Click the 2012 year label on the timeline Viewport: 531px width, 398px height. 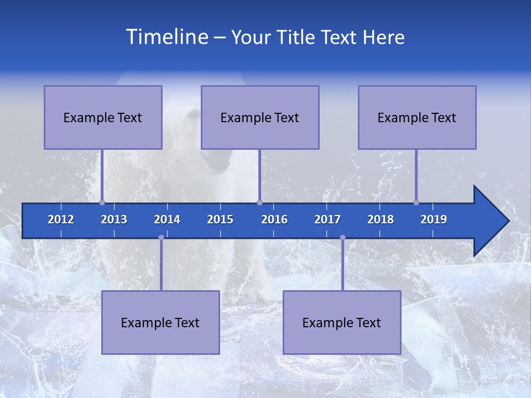pyautogui.click(x=61, y=219)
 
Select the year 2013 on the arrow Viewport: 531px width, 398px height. pyautogui.click(x=114, y=219)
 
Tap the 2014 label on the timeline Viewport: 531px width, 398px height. pyautogui.click(x=167, y=219)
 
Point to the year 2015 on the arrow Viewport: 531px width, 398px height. pyautogui.click(x=220, y=219)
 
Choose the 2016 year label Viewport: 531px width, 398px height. pyautogui.click(x=274, y=219)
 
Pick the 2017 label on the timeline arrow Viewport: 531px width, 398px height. pyautogui.click(x=327, y=219)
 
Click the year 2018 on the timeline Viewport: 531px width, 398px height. pyautogui.click(x=381, y=219)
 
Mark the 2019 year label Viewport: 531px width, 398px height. pyautogui.click(x=434, y=219)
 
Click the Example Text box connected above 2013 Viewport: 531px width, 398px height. pyautogui.click(x=103, y=117)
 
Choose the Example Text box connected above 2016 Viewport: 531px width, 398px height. pyautogui.click(x=260, y=117)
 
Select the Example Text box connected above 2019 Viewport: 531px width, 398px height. pyautogui.click(x=417, y=117)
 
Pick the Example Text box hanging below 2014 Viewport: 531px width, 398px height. pyautogui.click(x=160, y=322)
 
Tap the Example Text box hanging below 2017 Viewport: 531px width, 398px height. pyautogui.click(x=342, y=322)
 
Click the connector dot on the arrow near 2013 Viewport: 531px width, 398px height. pyautogui.click(x=102, y=202)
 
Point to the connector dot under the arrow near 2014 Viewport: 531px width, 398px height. pyautogui.click(x=161, y=238)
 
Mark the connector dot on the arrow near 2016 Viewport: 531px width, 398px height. pyautogui.click(x=259, y=202)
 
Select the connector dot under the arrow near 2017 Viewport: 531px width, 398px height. pyautogui.click(x=342, y=238)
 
